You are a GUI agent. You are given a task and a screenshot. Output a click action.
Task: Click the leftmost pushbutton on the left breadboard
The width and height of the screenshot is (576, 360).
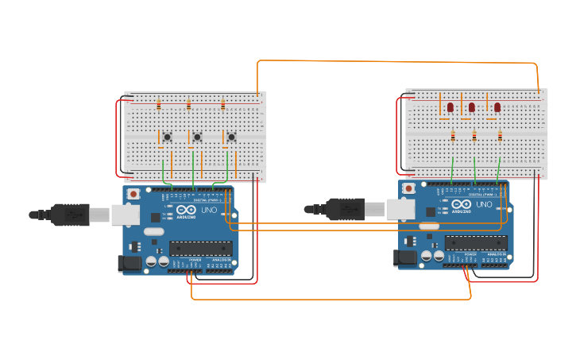[x=167, y=137]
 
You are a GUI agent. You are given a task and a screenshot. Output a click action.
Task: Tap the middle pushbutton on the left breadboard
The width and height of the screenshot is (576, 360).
[x=197, y=137]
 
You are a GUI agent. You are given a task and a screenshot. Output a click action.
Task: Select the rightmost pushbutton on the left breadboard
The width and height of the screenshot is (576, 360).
[x=231, y=137]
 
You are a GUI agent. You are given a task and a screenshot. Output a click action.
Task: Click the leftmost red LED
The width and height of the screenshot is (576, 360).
[x=450, y=106]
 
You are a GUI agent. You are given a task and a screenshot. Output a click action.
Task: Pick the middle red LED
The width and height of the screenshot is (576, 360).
[x=472, y=106]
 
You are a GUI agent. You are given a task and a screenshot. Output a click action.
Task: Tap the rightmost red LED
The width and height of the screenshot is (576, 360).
[x=497, y=106]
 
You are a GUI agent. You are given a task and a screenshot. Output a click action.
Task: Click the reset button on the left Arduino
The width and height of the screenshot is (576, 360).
[x=133, y=193]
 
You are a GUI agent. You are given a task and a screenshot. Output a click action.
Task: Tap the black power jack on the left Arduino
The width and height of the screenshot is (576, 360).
[x=128, y=264]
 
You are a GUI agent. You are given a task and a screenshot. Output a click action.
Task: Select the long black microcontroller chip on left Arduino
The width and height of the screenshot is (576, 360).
[x=201, y=249]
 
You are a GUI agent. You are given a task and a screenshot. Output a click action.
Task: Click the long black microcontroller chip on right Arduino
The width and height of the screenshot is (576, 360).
[x=476, y=242]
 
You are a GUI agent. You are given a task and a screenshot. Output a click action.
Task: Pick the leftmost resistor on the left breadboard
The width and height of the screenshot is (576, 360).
[x=158, y=105]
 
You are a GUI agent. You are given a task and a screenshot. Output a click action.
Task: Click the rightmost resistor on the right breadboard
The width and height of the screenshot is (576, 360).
[x=500, y=136]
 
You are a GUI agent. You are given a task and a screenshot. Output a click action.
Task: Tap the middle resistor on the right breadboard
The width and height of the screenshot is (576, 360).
[x=474, y=136]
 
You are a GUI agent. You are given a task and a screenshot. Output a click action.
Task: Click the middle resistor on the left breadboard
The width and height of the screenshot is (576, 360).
[x=188, y=105]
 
